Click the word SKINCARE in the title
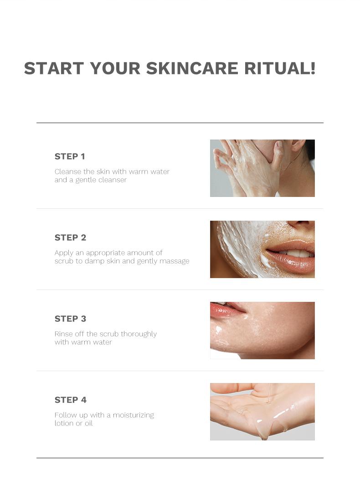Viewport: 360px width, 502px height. coord(192,68)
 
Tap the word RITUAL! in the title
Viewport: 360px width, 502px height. coord(280,68)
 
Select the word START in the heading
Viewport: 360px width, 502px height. coord(54,68)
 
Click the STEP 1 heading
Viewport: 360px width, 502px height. coord(70,156)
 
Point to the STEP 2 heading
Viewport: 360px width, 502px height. coord(70,238)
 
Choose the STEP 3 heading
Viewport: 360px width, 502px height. coord(70,319)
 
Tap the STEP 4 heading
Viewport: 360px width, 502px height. coord(71,400)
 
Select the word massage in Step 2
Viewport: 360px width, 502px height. coord(175,262)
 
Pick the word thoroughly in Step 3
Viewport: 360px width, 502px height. coord(139,334)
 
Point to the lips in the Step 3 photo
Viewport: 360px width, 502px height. coord(226,309)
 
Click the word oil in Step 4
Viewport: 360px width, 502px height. coord(89,423)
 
